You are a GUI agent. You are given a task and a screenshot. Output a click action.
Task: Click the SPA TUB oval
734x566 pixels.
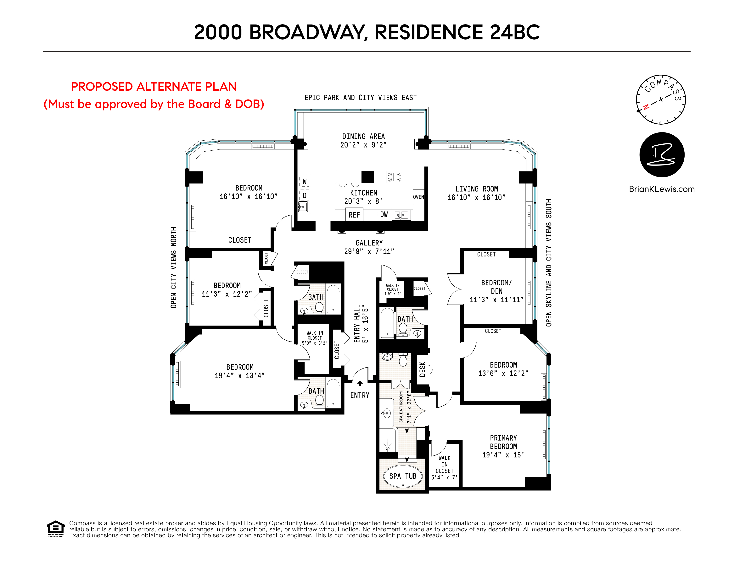(403, 476)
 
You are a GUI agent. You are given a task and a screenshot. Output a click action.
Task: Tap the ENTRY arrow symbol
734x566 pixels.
(360, 383)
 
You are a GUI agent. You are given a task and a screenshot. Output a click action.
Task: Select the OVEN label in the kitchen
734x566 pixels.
(418, 197)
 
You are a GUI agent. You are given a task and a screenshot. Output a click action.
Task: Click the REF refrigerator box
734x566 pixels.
(354, 215)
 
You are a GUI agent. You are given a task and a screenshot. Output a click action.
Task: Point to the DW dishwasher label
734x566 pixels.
(384, 214)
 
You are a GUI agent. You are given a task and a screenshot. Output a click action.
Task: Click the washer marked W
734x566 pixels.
(304, 182)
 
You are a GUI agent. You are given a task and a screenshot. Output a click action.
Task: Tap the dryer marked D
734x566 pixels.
(304, 195)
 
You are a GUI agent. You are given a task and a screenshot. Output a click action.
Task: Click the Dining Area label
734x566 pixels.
(363, 136)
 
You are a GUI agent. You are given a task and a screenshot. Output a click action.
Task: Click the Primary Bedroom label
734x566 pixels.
(503, 442)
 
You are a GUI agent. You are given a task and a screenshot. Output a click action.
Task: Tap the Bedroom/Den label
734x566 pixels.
(496, 287)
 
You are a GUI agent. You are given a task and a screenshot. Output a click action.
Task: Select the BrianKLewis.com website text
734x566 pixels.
(661, 189)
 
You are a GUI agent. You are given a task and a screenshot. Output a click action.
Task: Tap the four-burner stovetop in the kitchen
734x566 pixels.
(394, 177)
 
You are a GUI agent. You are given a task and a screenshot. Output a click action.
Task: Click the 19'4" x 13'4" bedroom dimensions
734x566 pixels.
(240, 376)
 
